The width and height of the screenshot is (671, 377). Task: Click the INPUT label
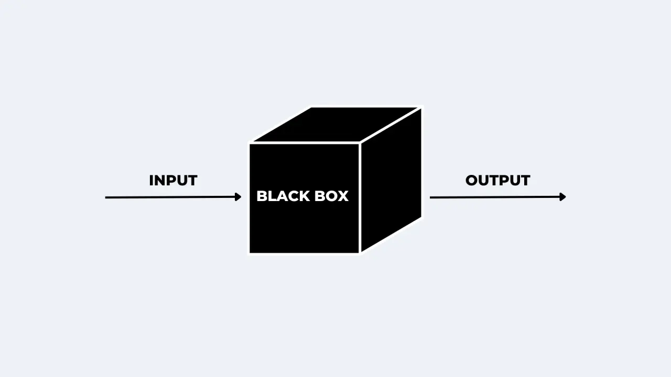point(173,181)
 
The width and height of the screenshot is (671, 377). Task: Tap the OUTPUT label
point(497,181)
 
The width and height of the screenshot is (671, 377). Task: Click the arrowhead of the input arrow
point(239,197)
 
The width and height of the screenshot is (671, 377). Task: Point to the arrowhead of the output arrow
point(563,197)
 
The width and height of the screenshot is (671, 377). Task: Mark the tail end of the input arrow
point(106,197)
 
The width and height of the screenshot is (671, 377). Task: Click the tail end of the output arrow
point(431,197)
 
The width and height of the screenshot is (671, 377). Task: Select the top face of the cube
point(335,125)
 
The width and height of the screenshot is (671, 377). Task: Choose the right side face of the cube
point(391,181)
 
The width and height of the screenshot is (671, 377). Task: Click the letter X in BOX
point(343,196)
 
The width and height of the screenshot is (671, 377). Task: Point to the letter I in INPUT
point(151,181)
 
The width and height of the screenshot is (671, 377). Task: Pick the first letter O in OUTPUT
point(472,181)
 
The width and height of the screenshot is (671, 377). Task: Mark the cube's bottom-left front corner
point(250,252)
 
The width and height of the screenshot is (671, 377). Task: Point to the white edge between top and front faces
point(305,142)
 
